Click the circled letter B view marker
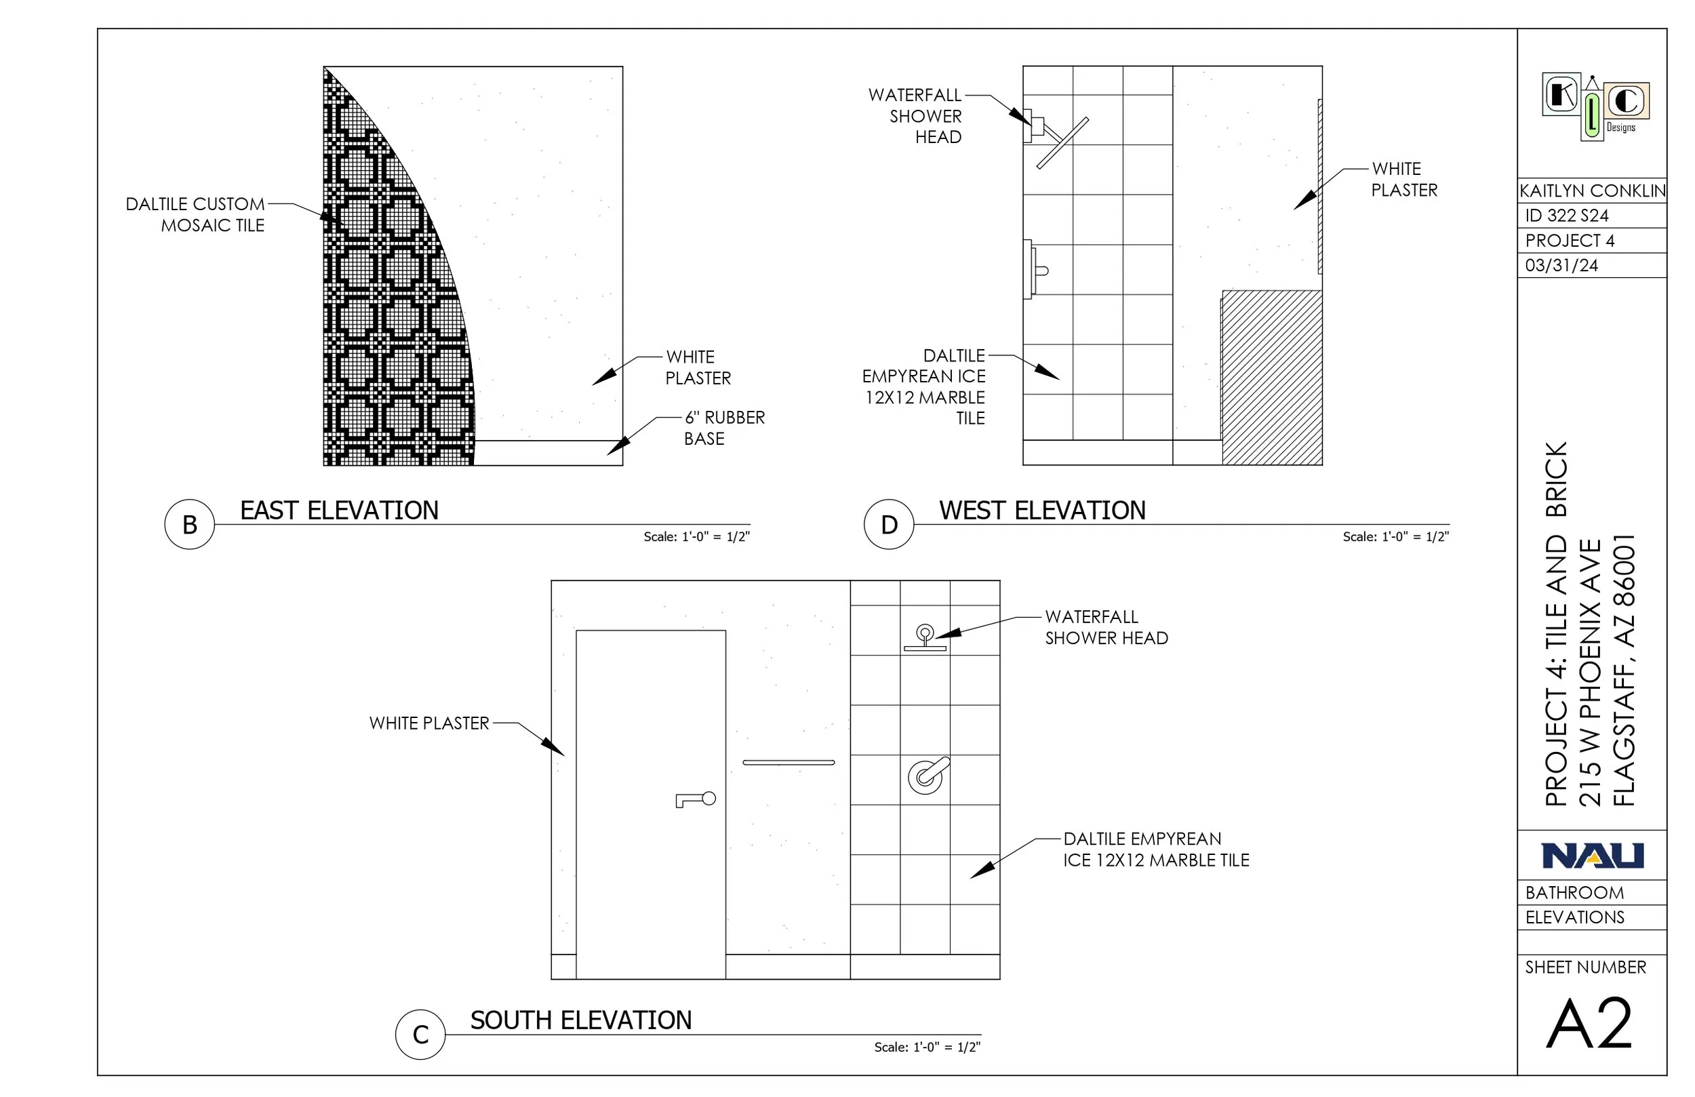click(189, 524)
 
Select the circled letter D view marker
click(889, 524)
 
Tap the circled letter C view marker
click(420, 1035)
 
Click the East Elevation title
click(339, 511)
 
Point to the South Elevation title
click(580, 1020)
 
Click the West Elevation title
click(1042, 511)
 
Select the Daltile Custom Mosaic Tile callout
click(195, 214)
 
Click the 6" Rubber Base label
click(724, 427)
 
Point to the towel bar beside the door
click(789, 762)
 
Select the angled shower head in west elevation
click(1061, 142)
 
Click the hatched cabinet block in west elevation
click(1272, 378)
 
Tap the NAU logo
click(1593, 856)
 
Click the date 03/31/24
click(1562, 266)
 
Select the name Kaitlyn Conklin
click(1593, 191)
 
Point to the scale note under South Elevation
click(928, 1047)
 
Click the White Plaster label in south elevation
click(428, 723)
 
